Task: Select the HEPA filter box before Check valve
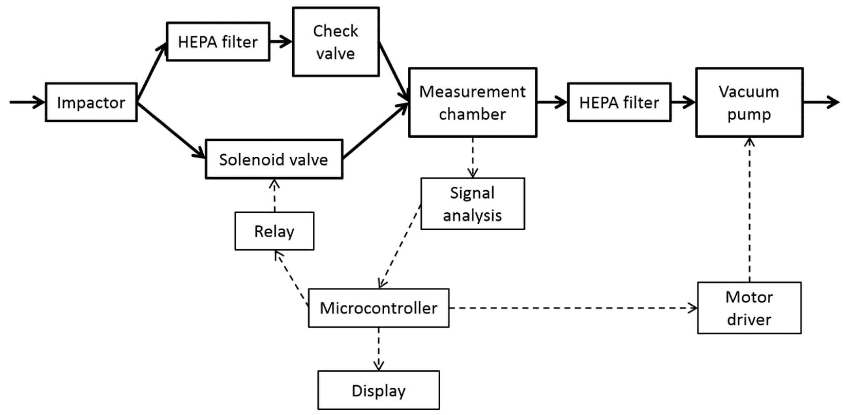(x=218, y=42)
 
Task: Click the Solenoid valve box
(x=274, y=159)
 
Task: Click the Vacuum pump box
(x=749, y=103)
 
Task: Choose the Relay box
(x=274, y=231)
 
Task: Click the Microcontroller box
(x=378, y=308)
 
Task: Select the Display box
(x=378, y=390)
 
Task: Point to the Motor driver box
(x=749, y=308)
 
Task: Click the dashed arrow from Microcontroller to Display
(x=378, y=349)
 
